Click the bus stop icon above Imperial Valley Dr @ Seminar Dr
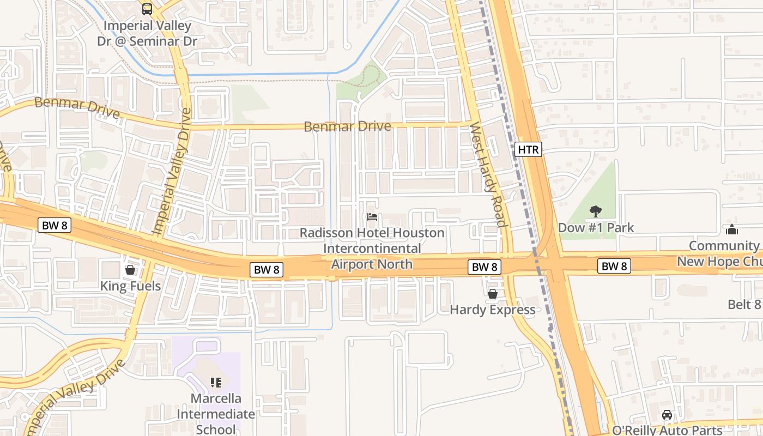(147, 9)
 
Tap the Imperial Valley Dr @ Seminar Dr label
(147, 33)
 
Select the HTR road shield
(528, 149)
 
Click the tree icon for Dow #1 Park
(596, 211)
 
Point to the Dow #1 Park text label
(596, 227)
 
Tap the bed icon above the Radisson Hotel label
(372, 217)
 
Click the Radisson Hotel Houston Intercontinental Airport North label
(372, 249)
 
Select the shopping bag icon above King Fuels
(130, 270)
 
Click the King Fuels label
(130, 286)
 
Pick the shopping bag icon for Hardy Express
(493, 294)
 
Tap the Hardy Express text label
(493, 310)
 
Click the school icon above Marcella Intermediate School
(215, 383)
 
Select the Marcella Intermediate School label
(215, 414)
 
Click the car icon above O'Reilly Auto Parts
(667, 415)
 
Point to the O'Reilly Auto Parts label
(667, 430)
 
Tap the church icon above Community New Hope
(732, 230)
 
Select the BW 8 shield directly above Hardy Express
(485, 267)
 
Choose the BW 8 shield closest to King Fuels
(55, 225)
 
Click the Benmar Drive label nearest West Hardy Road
(347, 126)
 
